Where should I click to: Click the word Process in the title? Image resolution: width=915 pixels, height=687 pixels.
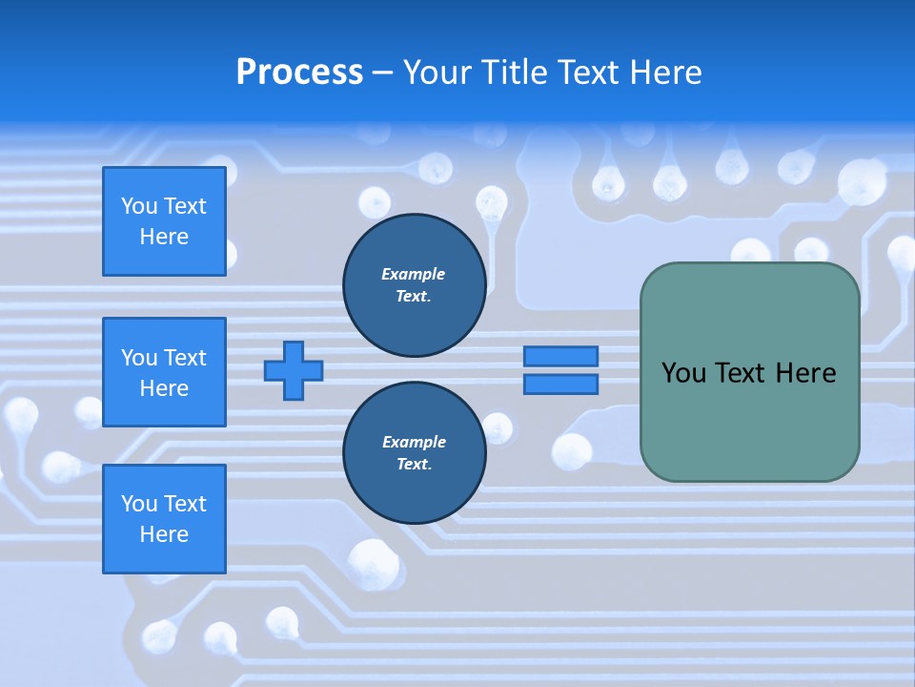[x=299, y=73]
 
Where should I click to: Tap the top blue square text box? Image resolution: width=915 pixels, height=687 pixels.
[x=164, y=221]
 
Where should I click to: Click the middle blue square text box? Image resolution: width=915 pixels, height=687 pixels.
[x=164, y=372]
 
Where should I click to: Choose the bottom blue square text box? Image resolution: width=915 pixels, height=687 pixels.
[x=164, y=519]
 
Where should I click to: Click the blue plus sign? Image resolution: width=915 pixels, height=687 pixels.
[x=294, y=370]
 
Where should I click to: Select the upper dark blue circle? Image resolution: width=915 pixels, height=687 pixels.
[x=414, y=285]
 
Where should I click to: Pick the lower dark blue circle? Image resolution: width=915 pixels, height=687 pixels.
[x=414, y=453]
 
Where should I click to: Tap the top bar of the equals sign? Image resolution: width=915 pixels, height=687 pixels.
[x=560, y=357]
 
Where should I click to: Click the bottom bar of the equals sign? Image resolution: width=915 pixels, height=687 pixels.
[x=560, y=385]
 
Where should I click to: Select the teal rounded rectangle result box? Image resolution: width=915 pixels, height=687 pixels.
[x=749, y=420]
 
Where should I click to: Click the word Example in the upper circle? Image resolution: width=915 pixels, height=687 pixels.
[x=414, y=274]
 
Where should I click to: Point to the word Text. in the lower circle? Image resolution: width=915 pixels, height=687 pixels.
[x=414, y=465]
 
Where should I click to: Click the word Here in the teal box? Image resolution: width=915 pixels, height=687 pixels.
[x=805, y=373]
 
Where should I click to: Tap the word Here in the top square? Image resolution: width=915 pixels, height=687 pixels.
[x=164, y=237]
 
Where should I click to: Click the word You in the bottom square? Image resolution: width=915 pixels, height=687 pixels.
[x=139, y=504]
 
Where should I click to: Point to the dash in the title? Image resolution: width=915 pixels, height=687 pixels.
[x=382, y=73]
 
